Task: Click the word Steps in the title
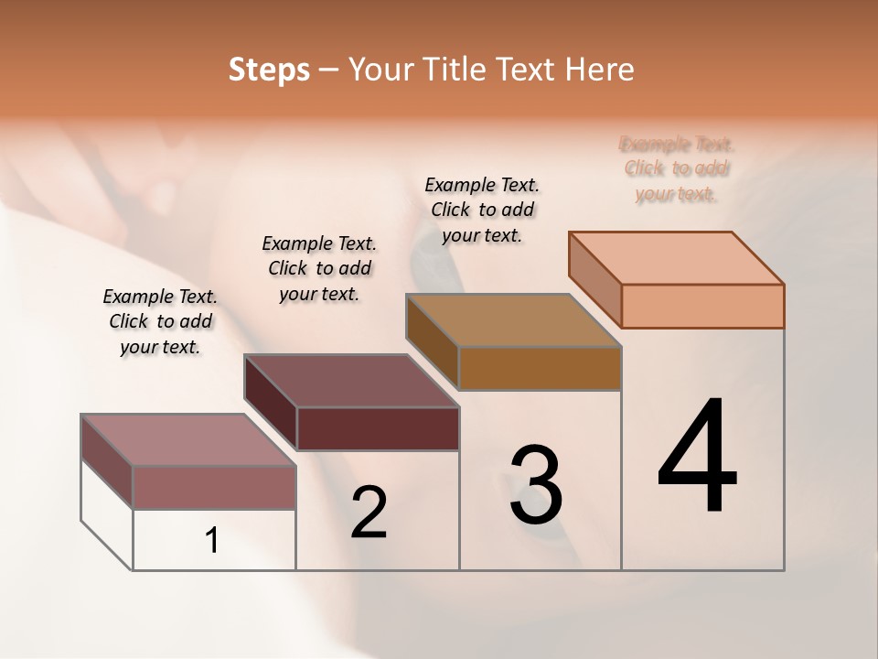(x=269, y=70)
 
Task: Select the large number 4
(x=697, y=458)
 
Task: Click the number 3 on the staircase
(x=536, y=485)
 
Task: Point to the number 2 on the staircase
(x=369, y=513)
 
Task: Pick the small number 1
(x=212, y=541)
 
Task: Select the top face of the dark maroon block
(x=351, y=381)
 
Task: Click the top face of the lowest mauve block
(x=188, y=440)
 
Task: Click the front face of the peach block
(x=702, y=306)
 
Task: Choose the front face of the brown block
(x=540, y=368)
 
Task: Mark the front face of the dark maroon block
(x=378, y=428)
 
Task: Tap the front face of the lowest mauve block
(x=214, y=487)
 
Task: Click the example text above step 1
(x=160, y=321)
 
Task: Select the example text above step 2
(x=319, y=268)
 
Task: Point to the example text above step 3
(x=482, y=210)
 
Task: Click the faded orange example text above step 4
(x=677, y=168)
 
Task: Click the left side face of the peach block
(x=595, y=279)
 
